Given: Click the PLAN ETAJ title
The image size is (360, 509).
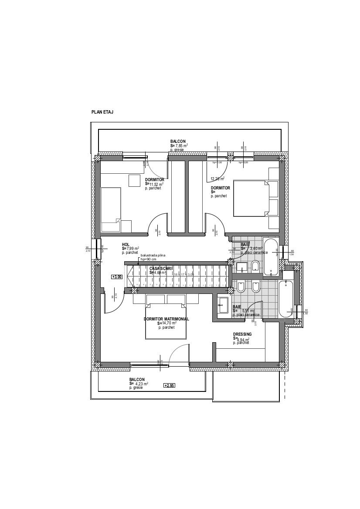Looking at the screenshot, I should pos(102,112).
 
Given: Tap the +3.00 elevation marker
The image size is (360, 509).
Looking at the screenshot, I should pos(117,276).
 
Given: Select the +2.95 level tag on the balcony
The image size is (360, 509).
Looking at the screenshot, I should pos(169,385).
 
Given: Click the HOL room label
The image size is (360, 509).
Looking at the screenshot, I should pos(126,245).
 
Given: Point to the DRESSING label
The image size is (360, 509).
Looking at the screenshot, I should pos(242,334).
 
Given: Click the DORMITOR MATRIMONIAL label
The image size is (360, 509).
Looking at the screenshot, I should pos(166,319).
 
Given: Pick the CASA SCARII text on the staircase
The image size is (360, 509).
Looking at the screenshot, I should pos(161,268).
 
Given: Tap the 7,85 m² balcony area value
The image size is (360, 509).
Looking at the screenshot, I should pos(181,146).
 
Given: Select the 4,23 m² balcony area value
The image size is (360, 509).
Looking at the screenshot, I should pos(142,384).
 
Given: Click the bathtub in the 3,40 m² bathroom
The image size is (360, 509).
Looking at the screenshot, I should pos(271,257).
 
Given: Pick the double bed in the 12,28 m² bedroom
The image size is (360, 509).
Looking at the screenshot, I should pos(250,199).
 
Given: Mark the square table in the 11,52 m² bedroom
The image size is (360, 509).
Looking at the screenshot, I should pos(134,180).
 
